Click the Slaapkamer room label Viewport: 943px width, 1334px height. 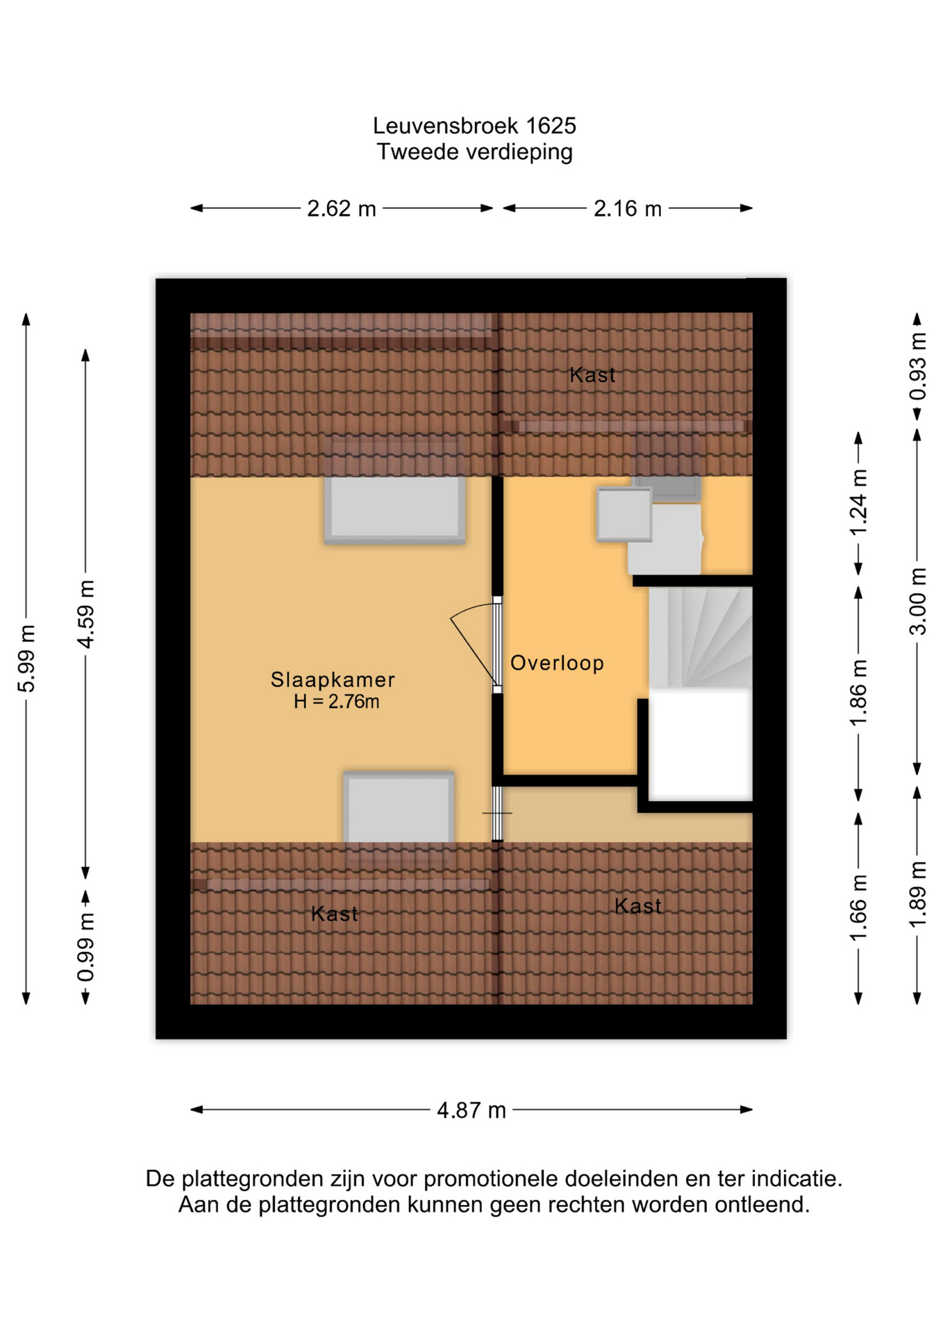point(333,680)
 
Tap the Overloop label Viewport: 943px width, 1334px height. point(557,664)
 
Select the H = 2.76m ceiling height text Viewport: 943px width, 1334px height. point(336,702)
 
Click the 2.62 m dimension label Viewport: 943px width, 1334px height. point(342,208)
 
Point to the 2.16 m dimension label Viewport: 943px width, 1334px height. point(628,208)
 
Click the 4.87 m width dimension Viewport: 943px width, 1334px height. point(471,1110)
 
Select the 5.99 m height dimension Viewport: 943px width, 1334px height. point(26,658)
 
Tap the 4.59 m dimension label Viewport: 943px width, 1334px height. point(85,614)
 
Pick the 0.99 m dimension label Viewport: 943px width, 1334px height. point(85,948)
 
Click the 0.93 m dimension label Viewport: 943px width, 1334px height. point(917,367)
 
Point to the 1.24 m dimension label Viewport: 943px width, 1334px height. point(858,503)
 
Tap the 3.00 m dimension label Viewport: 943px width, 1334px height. point(917,602)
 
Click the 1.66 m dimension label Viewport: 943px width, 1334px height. point(858,908)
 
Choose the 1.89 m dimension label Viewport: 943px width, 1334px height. point(917,894)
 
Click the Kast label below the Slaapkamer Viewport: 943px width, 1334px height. point(335,914)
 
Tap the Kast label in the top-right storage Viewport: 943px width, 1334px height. point(592,375)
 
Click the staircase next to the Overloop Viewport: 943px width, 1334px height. point(700,638)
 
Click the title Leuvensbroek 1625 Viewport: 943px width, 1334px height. point(474,126)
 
